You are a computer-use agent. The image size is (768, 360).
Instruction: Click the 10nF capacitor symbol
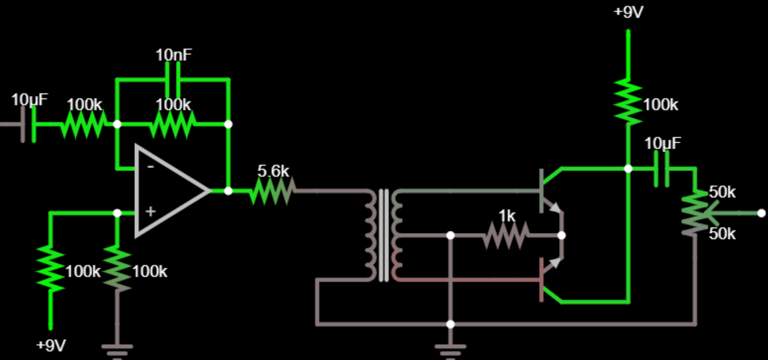(x=173, y=79)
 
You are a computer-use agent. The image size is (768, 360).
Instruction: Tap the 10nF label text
(x=173, y=54)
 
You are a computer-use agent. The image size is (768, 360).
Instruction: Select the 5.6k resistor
(x=273, y=191)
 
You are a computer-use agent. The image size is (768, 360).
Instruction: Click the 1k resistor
(x=506, y=235)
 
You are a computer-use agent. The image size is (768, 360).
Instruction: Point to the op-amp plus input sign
(x=150, y=212)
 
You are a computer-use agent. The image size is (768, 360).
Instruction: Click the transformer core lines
(x=383, y=235)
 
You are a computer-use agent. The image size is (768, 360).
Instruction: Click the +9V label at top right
(x=628, y=13)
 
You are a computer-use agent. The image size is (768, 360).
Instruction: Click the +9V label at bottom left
(x=51, y=345)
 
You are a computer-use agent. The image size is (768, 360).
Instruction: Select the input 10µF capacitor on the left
(x=28, y=124)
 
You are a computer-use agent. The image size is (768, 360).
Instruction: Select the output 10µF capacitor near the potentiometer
(x=661, y=169)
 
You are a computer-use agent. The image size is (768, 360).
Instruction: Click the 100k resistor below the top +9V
(x=628, y=103)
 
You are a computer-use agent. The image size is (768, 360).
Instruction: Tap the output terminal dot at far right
(x=761, y=213)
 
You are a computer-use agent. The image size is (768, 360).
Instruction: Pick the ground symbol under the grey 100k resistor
(x=117, y=347)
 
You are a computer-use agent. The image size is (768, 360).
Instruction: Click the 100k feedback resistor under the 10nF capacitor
(x=173, y=124)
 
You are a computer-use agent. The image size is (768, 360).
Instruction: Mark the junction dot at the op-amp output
(x=228, y=191)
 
